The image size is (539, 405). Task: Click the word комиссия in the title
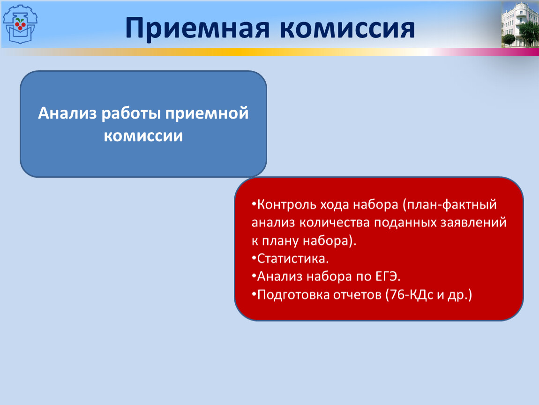tap(347, 28)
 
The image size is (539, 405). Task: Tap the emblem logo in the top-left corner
tap(20, 24)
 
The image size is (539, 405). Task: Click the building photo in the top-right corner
tap(520, 24)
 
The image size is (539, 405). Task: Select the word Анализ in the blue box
tap(67, 113)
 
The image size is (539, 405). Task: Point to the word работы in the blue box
tap(131, 113)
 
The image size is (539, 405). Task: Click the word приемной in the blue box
tap(207, 113)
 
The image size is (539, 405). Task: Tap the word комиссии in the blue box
tap(143, 136)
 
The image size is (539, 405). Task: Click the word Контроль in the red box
tap(287, 204)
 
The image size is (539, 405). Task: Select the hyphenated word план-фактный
tap(450, 204)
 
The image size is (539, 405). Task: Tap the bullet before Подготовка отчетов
tap(254, 294)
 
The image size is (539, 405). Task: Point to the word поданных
tap(405, 223)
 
